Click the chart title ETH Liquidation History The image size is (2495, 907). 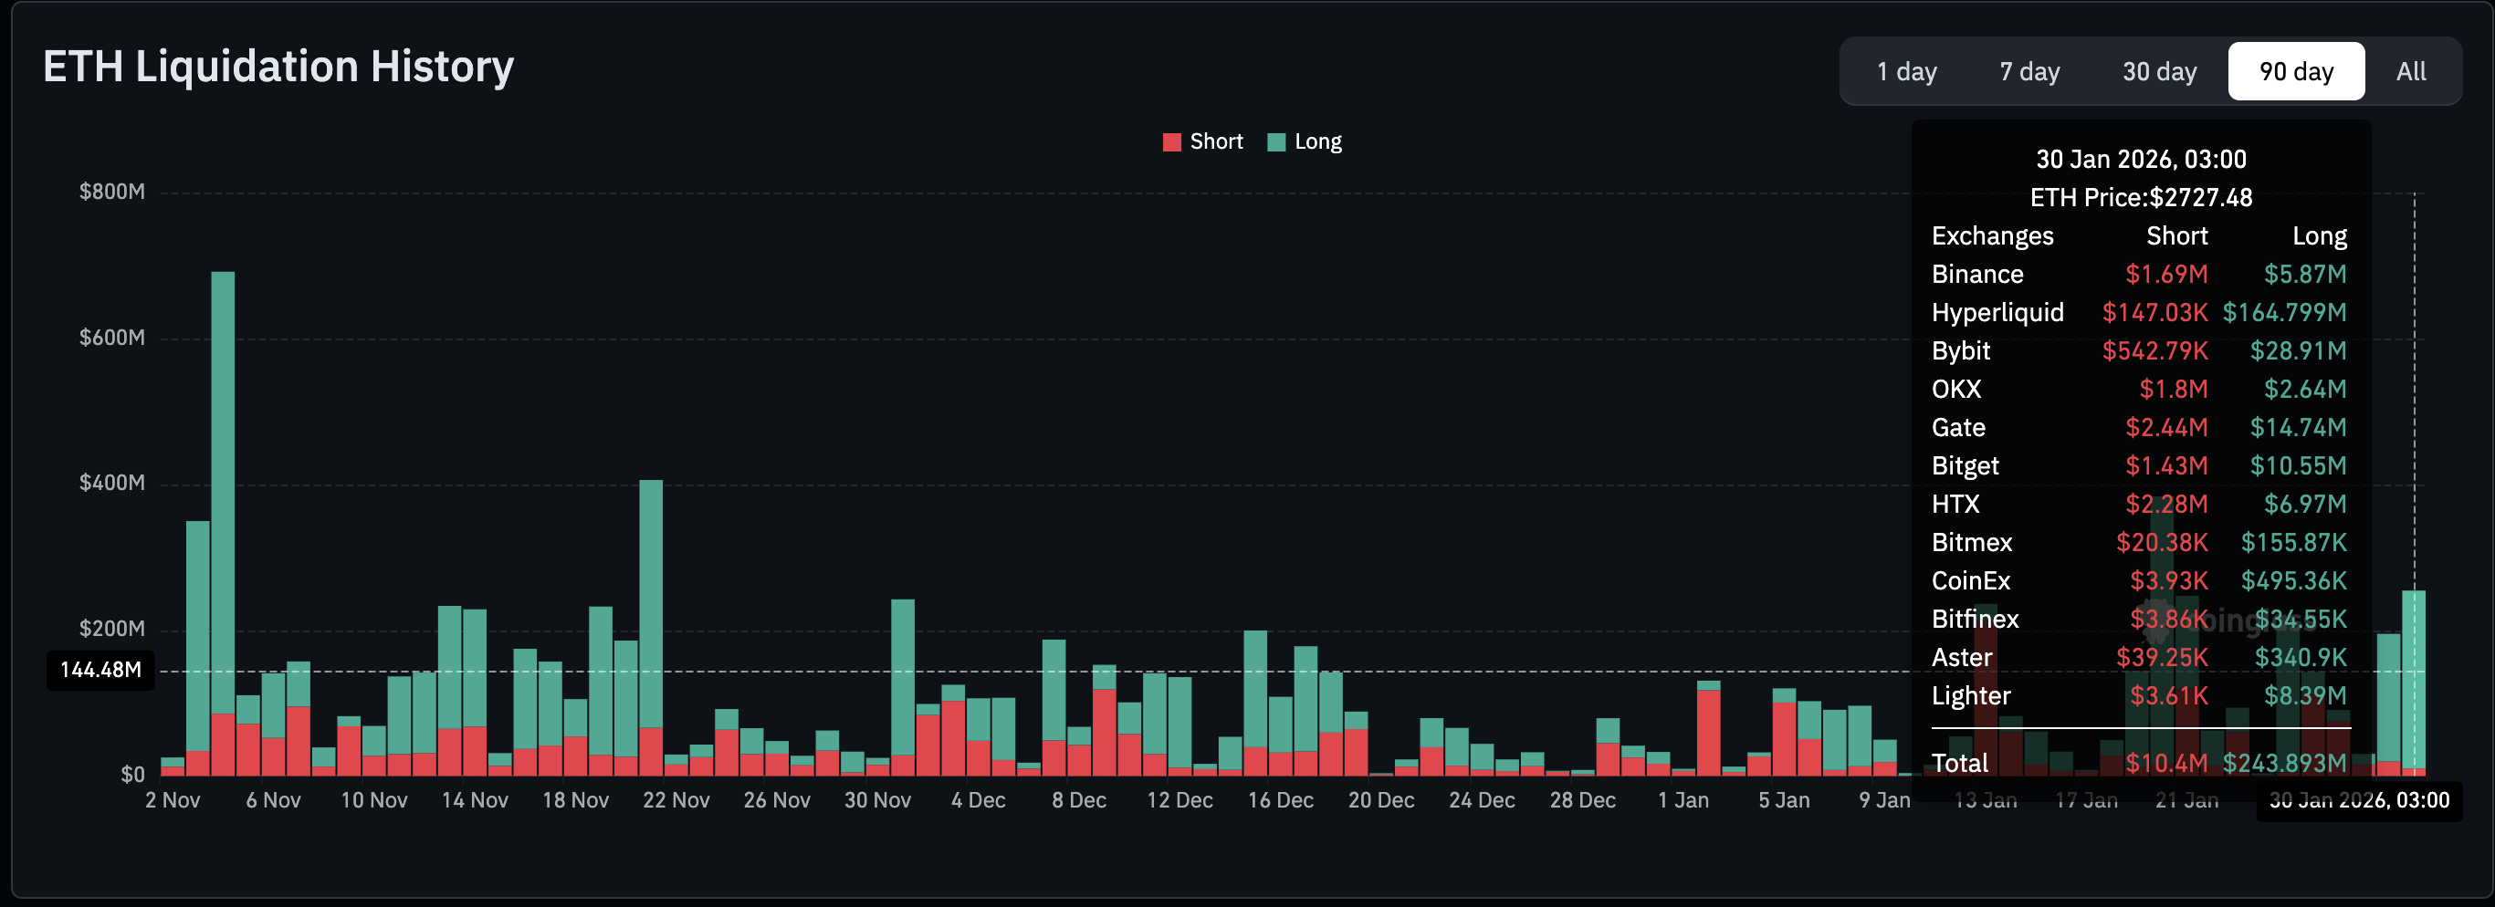click(278, 67)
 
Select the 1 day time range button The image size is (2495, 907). click(1905, 72)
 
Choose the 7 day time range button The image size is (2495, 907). click(2029, 72)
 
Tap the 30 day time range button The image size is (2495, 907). click(2159, 72)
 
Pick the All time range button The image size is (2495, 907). click(2410, 72)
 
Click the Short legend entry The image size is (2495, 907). click(1203, 141)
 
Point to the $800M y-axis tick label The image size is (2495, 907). click(112, 192)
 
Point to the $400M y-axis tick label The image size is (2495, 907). click(112, 483)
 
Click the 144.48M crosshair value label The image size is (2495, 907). click(100, 670)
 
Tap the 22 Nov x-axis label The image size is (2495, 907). click(676, 800)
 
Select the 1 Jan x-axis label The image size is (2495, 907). click(1683, 800)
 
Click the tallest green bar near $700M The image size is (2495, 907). click(223, 484)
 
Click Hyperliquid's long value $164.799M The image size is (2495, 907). click(2284, 313)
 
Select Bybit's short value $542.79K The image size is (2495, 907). click(2154, 350)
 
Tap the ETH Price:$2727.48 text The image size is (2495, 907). click(2141, 197)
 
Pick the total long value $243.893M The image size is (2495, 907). click(2284, 763)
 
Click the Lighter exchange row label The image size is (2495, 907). click(1970, 696)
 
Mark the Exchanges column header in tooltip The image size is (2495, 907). click(1991, 236)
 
